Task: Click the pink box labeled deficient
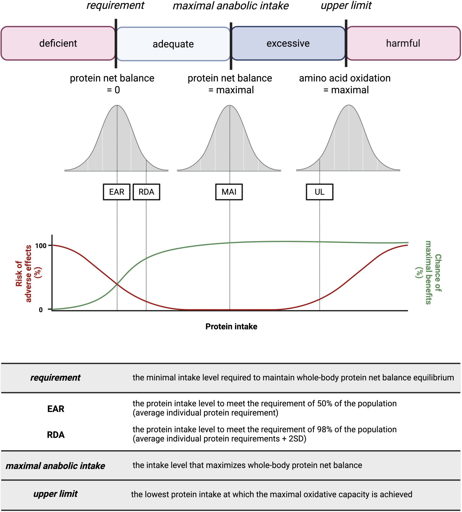coord(58,43)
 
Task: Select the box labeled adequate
coord(173,44)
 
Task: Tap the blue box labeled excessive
coord(288,43)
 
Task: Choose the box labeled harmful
coord(403,43)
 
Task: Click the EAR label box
coord(117,192)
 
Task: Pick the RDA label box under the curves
coord(146,192)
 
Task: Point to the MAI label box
coord(229,192)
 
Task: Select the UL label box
coord(319,192)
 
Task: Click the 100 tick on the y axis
coord(41,246)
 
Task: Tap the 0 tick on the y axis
coord(41,310)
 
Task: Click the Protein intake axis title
coord(231,326)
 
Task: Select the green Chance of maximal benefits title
coord(428,272)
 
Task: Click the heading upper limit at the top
coord(346,6)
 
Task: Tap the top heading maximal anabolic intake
coord(231,6)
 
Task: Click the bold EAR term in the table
coord(56,409)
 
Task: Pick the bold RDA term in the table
coord(56,435)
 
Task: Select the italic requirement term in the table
coord(55,378)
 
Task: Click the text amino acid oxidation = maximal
coord(345,84)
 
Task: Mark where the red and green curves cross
coord(117,284)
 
